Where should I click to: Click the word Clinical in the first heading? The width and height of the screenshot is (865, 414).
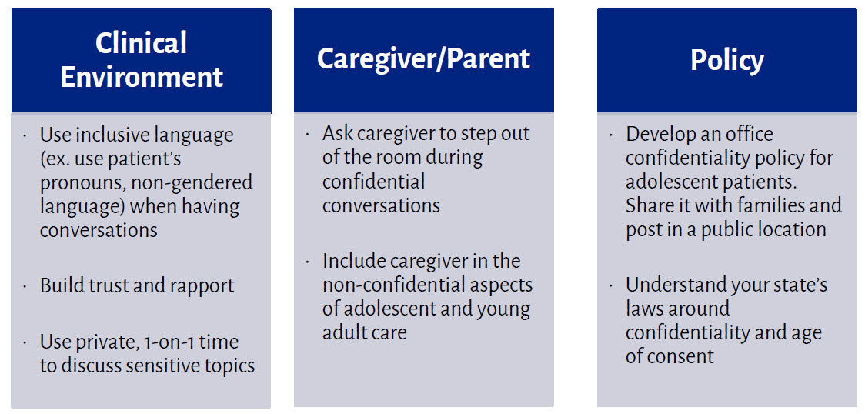click(x=142, y=43)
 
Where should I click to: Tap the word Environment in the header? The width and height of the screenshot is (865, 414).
click(x=142, y=77)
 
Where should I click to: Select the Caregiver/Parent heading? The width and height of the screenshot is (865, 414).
click(x=424, y=59)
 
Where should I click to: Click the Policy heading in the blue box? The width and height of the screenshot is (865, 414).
click(x=727, y=61)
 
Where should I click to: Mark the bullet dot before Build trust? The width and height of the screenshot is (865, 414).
click(x=25, y=286)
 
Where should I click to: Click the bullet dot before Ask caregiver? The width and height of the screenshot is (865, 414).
click(x=308, y=134)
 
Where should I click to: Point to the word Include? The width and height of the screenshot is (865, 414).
click(x=352, y=261)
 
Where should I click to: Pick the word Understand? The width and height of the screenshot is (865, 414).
click(x=669, y=285)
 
